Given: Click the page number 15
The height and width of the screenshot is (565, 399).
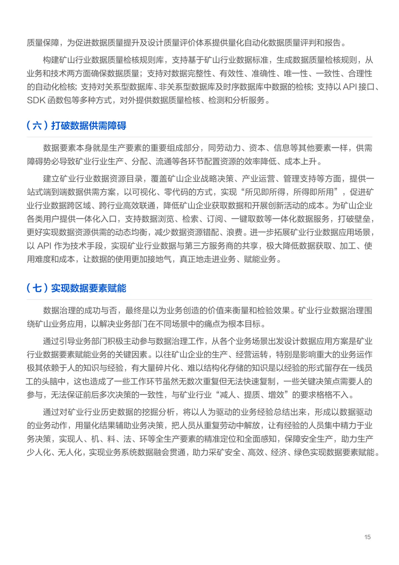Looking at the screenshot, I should (367, 537).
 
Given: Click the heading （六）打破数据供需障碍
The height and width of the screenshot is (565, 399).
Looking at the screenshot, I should (76, 125).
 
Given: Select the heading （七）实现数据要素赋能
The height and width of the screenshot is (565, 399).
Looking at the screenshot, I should (76, 288).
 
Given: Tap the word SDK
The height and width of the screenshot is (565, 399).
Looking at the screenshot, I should (36, 100).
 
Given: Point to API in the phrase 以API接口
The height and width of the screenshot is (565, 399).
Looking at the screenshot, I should (350, 87).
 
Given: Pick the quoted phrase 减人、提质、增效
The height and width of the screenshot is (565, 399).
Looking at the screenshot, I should (252, 395).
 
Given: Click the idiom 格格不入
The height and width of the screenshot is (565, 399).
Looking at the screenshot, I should (332, 395).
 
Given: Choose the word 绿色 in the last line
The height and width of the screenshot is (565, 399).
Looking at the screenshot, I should (302, 452).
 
